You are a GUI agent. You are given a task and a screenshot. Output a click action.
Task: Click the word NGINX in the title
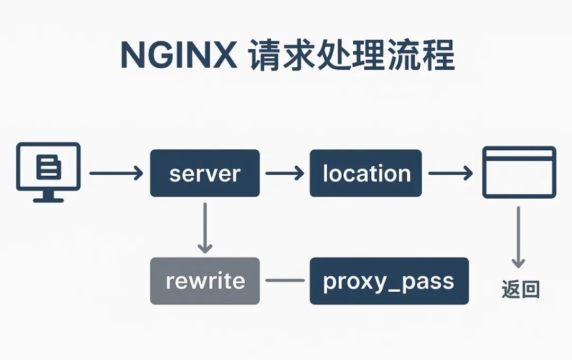(x=179, y=55)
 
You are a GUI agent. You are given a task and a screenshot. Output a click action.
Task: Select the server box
(x=205, y=173)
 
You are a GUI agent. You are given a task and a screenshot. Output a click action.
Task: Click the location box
(x=365, y=173)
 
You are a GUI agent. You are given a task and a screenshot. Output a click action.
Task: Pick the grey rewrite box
(x=205, y=281)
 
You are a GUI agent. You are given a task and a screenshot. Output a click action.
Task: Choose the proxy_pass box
(x=389, y=281)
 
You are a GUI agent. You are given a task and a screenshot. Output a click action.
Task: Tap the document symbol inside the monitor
(x=49, y=167)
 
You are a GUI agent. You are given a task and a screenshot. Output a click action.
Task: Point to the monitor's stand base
(x=48, y=200)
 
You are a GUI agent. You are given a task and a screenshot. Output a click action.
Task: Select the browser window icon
(x=519, y=172)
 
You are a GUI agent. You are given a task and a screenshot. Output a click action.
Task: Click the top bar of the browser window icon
(x=519, y=154)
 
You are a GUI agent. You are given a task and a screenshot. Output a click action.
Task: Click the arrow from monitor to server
(x=116, y=173)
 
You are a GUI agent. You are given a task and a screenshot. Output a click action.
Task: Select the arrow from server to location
(x=284, y=173)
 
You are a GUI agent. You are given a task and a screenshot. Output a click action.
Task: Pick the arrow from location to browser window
(x=450, y=173)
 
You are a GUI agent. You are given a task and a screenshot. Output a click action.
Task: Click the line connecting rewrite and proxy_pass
(x=284, y=281)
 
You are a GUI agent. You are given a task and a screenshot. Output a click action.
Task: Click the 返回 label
(x=520, y=290)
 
